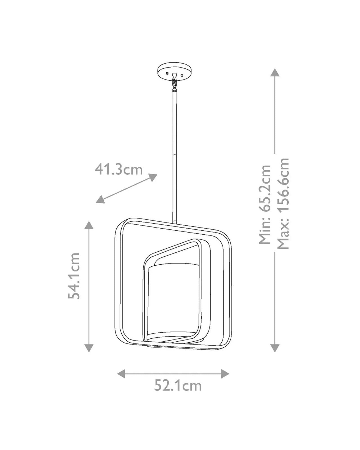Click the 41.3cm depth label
pos(119,170)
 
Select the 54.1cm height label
pos(74,276)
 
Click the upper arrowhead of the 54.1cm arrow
pos(89,225)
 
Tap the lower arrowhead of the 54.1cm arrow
pos(89,348)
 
